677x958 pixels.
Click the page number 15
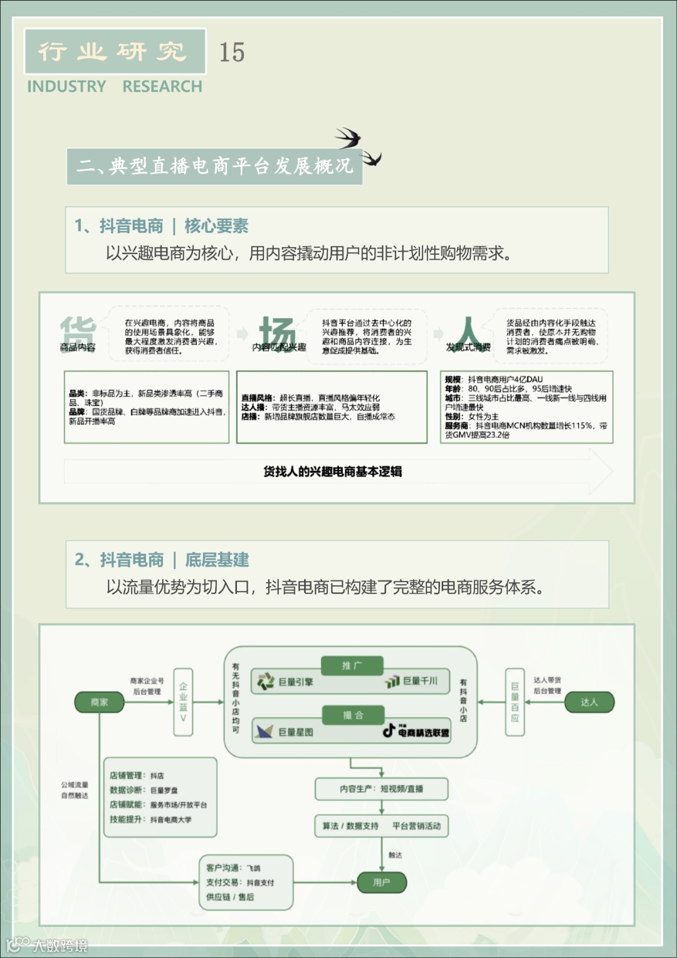[231, 52]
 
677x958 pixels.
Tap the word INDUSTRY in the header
[66, 87]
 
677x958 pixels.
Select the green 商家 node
[99, 702]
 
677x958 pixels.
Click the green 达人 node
[589, 702]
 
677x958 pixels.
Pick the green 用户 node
[381, 882]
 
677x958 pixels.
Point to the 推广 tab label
[352, 666]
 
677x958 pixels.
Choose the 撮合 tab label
[352, 715]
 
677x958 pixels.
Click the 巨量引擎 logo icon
[266, 681]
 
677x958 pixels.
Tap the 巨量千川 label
[419, 681]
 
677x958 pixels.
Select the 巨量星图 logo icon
[265, 732]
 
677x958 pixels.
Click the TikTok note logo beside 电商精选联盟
[389, 730]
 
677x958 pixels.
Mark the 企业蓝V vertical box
[183, 702]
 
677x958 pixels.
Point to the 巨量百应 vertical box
[515, 702]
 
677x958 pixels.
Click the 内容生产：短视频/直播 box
[381, 789]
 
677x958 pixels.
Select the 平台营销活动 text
[416, 826]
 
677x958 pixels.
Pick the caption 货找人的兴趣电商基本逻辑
[332, 471]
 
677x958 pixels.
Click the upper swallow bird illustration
[348, 137]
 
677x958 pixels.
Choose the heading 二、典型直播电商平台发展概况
[214, 166]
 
